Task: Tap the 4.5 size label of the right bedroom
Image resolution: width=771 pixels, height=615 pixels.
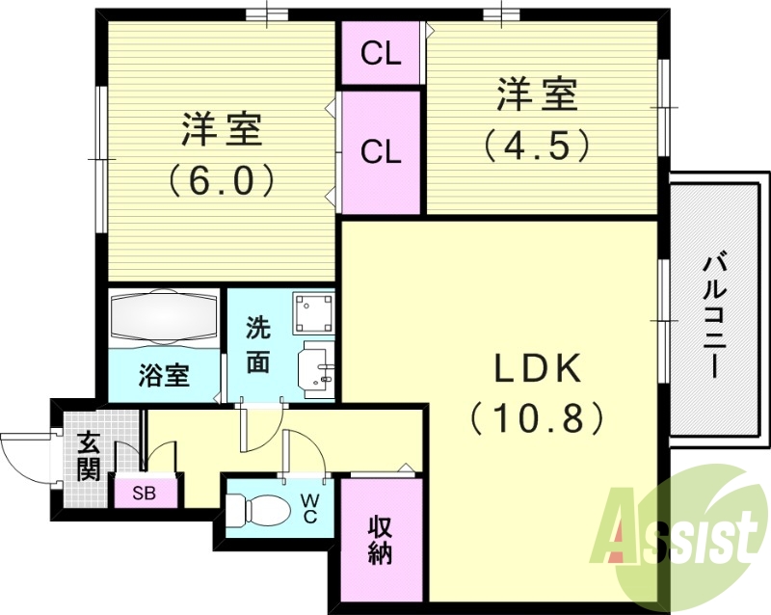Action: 536,145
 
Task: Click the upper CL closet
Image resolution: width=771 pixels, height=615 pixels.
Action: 381,54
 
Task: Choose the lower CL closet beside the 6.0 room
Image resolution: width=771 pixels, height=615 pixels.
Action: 381,151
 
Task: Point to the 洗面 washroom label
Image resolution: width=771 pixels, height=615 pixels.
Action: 257,344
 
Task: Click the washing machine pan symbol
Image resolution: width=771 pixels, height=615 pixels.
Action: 313,312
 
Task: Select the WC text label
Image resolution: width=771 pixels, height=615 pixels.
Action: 309,507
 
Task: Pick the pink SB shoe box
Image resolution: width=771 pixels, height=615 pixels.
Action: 146,494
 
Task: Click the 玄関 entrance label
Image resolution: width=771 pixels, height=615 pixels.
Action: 88,457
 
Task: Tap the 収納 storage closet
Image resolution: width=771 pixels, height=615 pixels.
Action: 381,540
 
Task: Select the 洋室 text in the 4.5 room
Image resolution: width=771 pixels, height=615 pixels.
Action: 537,96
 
